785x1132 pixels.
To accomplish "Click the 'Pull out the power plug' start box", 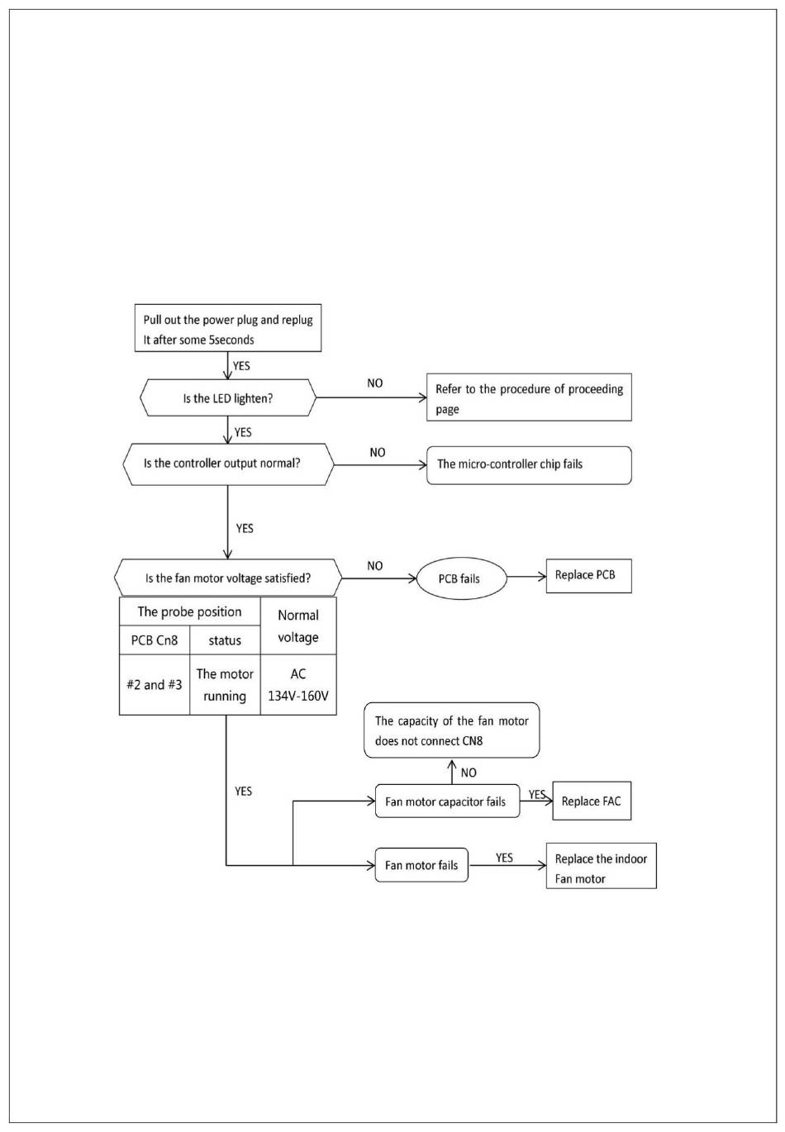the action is (x=228, y=327).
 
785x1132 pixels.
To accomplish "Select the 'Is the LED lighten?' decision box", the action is (x=228, y=397).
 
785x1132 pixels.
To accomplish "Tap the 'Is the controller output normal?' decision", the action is (x=228, y=464).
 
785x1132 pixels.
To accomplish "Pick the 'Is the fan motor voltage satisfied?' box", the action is (x=228, y=577).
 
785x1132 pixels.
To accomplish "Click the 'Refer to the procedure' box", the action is (x=529, y=397).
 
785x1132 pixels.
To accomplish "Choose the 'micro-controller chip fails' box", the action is (x=529, y=465).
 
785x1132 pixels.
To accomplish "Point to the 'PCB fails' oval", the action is (x=461, y=578).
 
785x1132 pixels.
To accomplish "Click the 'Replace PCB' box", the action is (x=589, y=576).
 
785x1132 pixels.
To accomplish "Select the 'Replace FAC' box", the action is (x=592, y=801).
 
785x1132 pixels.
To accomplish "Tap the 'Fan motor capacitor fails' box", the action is (x=447, y=801).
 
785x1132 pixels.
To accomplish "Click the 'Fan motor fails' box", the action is (x=421, y=865).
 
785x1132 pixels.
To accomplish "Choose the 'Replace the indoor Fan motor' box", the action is (x=601, y=866).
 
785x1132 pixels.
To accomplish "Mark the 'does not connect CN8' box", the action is (x=451, y=730).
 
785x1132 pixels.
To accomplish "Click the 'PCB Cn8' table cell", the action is (x=155, y=640).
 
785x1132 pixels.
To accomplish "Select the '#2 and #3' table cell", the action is (x=155, y=685).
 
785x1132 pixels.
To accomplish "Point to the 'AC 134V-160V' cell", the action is (x=298, y=685).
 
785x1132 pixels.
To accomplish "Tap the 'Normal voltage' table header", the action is (x=298, y=626).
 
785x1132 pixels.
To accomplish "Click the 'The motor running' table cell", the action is (x=225, y=685).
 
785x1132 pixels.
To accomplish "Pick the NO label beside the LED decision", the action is (x=375, y=383).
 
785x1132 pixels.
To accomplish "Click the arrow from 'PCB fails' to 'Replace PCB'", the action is (x=526, y=576).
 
